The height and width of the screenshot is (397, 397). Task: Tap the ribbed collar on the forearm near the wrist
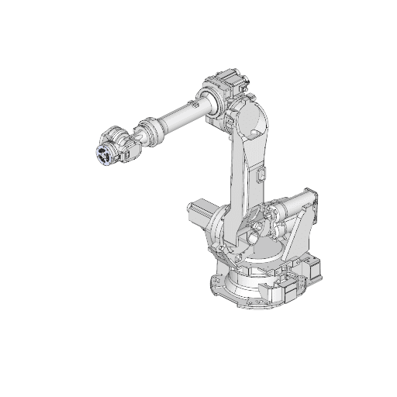[x=149, y=129]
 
